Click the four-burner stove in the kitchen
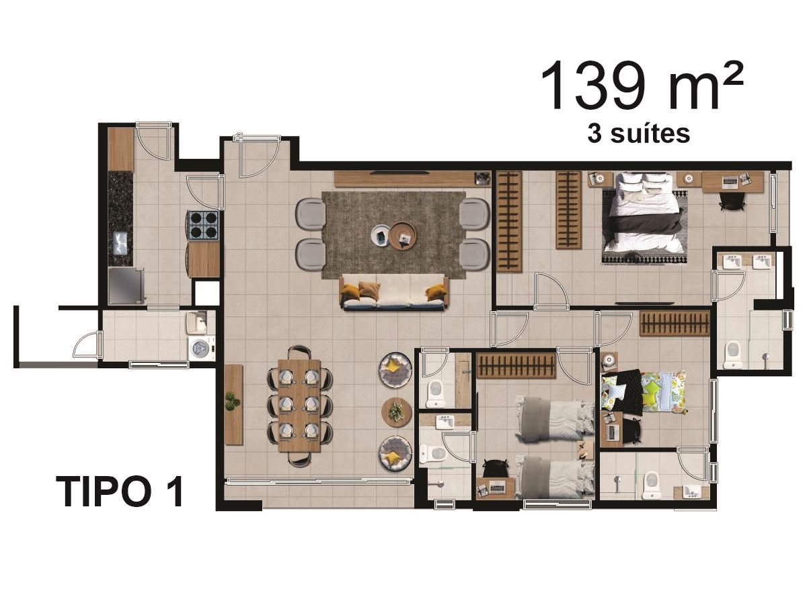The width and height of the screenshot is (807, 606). (203, 225)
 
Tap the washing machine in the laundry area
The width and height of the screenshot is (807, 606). (202, 347)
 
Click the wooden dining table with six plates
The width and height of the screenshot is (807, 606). (299, 405)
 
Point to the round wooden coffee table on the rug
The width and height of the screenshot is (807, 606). (403, 236)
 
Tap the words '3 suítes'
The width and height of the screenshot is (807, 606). (638, 134)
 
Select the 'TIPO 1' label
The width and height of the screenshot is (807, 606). (120, 492)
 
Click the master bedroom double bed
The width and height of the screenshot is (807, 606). (645, 217)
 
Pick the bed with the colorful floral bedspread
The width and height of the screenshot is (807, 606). (644, 393)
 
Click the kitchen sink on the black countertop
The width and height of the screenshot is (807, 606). (121, 243)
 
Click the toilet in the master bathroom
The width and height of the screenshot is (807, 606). (733, 354)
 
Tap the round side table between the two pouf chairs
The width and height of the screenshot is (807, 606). (396, 412)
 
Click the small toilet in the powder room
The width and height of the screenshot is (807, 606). (436, 393)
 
